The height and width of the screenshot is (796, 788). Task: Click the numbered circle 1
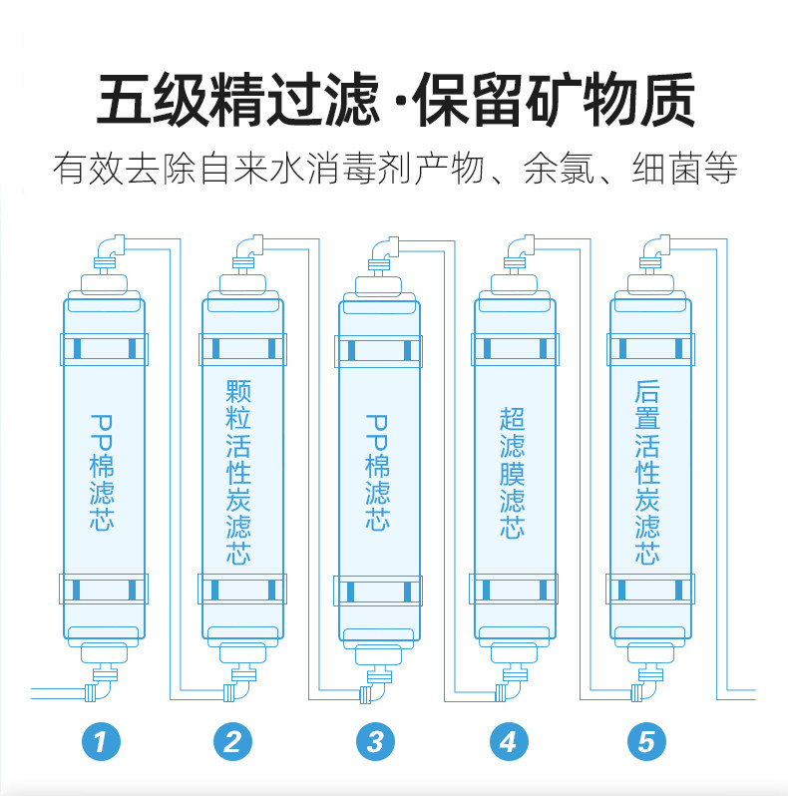pyautogui.click(x=101, y=742)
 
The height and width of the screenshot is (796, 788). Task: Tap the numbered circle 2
pyautogui.click(x=233, y=742)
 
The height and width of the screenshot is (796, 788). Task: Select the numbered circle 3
pyautogui.click(x=375, y=742)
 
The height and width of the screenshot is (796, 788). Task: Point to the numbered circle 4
pyautogui.click(x=510, y=742)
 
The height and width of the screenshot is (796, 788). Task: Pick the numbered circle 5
pyautogui.click(x=646, y=742)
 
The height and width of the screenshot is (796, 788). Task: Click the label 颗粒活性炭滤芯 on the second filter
pyautogui.click(x=238, y=472)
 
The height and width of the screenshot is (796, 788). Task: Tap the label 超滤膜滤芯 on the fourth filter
pyautogui.click(x=513, y=472)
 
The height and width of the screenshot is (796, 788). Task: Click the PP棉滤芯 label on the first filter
pyautogui.click(x=102, y=473)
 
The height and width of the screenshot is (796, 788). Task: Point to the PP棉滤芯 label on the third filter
pyautogui.click(x=377, y=473)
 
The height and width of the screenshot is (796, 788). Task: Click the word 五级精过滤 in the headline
pyautogui.click(x=238, y=99)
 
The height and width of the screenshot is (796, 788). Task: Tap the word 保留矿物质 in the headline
pyautogui.click(x=555, y=99)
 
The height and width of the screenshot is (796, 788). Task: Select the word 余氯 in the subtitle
pyautogui.click(x=559, y=169)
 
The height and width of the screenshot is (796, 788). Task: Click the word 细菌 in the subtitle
pyautogui.click(x=666, y=169)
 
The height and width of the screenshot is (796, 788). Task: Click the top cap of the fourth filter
pyautogui.click(x=514, y=285)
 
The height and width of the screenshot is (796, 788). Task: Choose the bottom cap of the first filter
pyautogui.click(x=104, y=652)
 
